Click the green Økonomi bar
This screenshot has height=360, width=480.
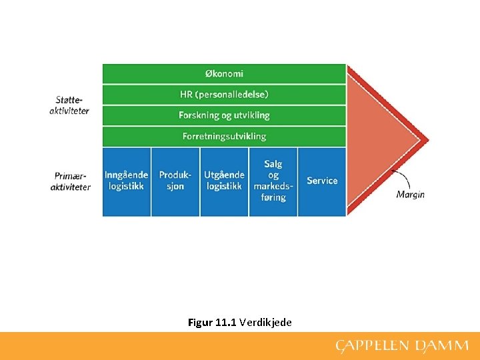(224, 73)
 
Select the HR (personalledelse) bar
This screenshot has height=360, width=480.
(224, 95)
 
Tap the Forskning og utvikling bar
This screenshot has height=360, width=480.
(224, 115)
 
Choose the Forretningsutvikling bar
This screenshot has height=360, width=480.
(224, 136)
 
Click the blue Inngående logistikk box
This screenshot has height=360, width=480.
(126, 181)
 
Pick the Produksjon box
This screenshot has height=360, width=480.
(175, 181)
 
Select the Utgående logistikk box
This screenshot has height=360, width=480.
(224, 181)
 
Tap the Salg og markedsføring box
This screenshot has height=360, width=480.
(273, 181)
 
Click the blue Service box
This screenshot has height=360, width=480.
(322, 181)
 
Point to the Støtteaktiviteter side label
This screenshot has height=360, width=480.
(69, 105)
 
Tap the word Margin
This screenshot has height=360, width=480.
(411, 195)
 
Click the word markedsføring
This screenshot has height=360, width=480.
(273, 191)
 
